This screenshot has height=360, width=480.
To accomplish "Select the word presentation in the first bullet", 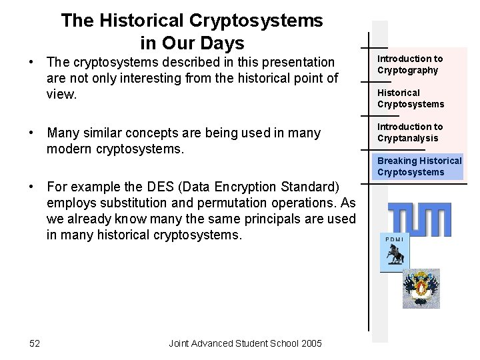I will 296,62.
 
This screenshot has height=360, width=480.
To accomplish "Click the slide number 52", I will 35,343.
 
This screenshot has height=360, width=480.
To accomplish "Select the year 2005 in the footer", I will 311,343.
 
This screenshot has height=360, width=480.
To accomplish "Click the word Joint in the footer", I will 181,343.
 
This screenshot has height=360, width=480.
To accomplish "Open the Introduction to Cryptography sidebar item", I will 410,65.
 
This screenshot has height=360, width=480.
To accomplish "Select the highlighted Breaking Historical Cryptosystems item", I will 419,166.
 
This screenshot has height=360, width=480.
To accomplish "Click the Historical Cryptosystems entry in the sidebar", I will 410,98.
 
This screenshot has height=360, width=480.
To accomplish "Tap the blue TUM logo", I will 419,219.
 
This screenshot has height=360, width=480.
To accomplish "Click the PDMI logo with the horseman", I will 395,254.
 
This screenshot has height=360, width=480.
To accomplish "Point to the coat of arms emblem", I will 421,289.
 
